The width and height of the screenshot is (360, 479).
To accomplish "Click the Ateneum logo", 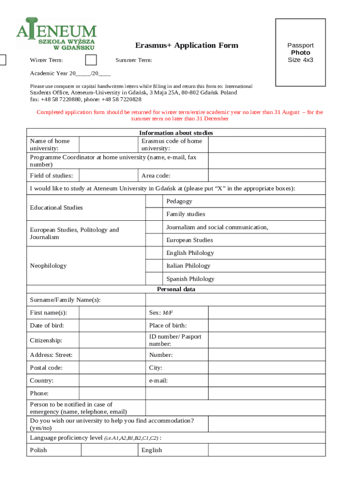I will click(56, 34).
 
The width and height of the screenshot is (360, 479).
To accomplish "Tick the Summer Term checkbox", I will click(91, 60).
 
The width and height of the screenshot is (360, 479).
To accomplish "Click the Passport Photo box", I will click(300, 52).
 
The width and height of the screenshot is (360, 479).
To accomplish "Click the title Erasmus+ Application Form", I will click(187, 45).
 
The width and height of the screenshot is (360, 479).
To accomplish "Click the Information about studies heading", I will click(176, 133).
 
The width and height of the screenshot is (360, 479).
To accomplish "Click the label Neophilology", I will click(48, 266).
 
